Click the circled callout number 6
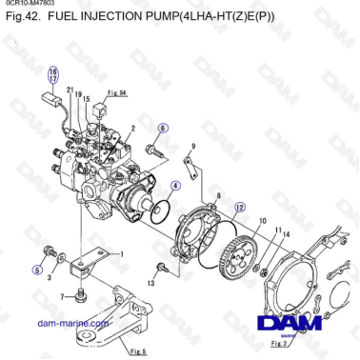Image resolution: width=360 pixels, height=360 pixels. [x=163, y=128]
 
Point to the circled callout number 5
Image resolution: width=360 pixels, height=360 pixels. [x=37, y=270]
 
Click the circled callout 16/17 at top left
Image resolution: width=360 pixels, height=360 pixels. [x=53, y=75]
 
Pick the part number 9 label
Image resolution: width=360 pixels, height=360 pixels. [x=193, y=146]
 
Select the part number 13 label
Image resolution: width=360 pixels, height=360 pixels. [x=150, y=284]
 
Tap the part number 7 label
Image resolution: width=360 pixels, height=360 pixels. [x=62, y=297]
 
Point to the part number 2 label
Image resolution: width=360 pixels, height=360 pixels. [x=132, y=127]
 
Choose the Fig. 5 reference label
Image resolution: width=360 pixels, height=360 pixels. [x=138, y=351]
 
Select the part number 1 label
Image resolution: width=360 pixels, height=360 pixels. [x=121, y=254]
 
